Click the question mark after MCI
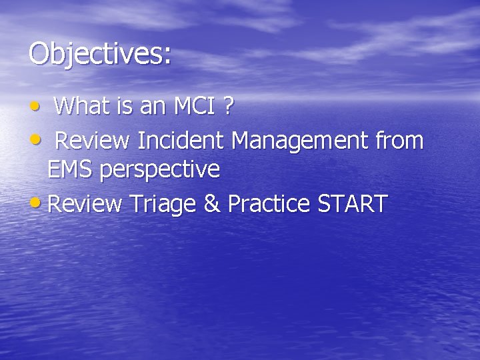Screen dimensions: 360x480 point(228,105)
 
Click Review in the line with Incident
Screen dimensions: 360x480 point(93,141)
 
